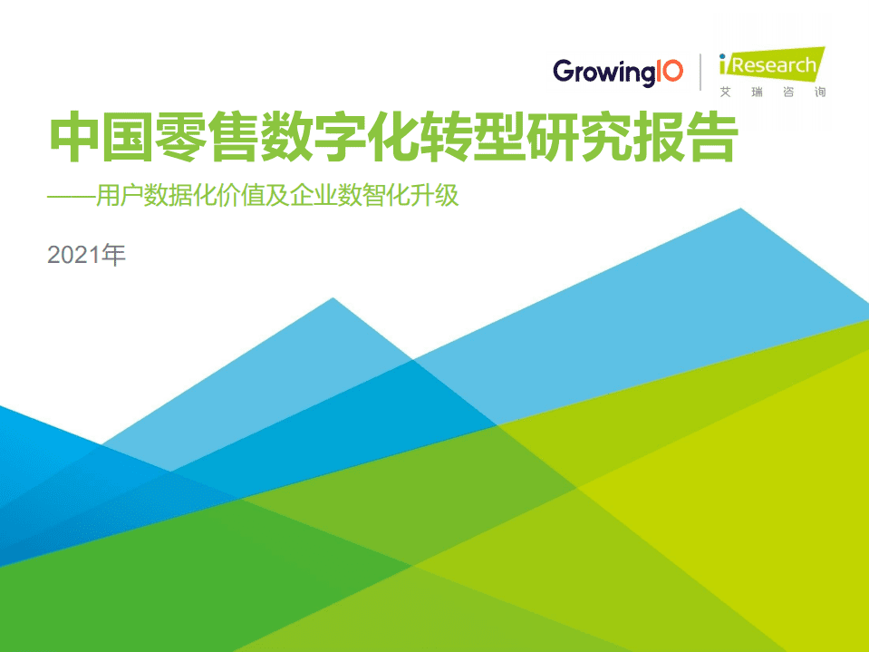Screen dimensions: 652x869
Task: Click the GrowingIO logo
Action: click(x=618, y=72)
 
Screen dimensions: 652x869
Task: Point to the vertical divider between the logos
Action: click(x=700, y=73)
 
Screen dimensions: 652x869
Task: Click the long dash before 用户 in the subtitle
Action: click(x=76, y=196)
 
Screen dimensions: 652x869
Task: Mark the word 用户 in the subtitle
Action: click(x=132, y=196)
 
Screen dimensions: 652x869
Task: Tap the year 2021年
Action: click(x=86, y=255)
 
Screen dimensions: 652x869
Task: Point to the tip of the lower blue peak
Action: click(x=333, y=299)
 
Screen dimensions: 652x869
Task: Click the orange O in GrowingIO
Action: click(x=671, y=71)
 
